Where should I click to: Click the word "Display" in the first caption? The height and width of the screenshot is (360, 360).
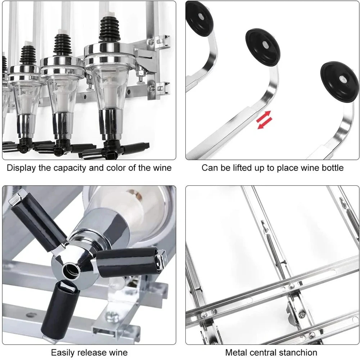click(21, 168)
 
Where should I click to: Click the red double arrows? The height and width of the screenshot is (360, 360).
click(264, 120)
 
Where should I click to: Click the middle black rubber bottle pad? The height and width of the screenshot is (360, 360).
click(263, 47)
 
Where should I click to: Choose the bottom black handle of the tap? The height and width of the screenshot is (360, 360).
click(59, 311)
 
